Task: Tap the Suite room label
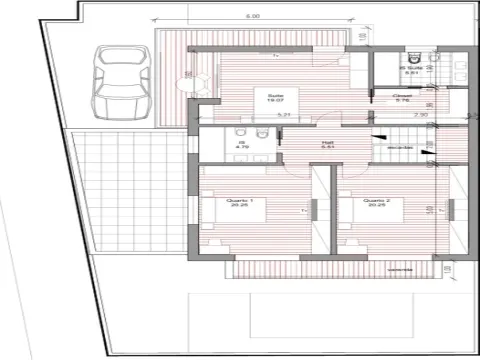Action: tap(271, 95)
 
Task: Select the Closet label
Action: tap(403, 95)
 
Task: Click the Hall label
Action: tap(299, 143)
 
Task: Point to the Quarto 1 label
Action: tap(239, 200)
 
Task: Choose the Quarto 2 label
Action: tap(376, 200)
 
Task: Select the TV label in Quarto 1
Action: tap(302, 212)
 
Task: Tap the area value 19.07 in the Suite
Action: tap(271, 101)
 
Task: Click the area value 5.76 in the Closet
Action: tap(403, 101)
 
